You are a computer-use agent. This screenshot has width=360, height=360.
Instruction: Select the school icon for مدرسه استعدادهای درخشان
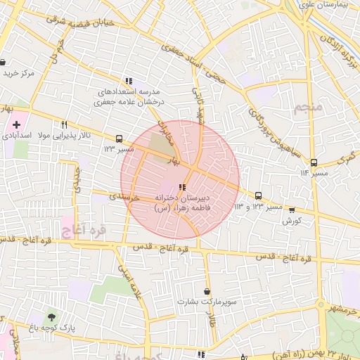(128, 81)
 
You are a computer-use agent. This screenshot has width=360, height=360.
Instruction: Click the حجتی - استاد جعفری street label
(193, 65)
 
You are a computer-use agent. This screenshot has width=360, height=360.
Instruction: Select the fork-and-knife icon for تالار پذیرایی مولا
(64, 124)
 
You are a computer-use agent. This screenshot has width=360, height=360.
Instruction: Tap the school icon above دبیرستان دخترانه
(183, 187)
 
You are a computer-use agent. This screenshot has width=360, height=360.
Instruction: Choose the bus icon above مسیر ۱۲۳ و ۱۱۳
(258, 196)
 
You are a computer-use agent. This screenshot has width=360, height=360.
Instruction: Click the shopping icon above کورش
(292, 210)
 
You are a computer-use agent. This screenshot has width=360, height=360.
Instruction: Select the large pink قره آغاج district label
(82, 229)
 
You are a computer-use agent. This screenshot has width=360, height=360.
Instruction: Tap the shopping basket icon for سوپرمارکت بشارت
(206, 291)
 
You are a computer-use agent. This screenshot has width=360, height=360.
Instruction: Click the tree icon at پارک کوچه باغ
(50, 316)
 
